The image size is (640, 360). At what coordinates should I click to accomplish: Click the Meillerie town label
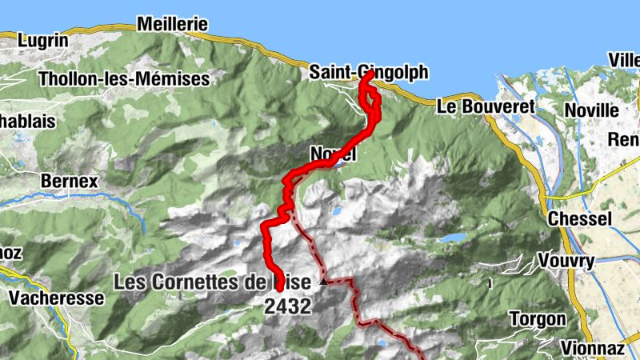click(172, 24)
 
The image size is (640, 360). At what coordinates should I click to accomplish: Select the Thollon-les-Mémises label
click(124, 78)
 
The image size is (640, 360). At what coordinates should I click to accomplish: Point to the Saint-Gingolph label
click(369, 73)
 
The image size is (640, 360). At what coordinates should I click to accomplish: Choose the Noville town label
click(591, 110)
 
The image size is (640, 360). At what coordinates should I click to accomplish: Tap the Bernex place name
click(69, 182)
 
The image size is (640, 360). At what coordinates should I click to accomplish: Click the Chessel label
click(579, 218)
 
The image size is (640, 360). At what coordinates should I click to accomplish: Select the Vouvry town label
click(566, 261)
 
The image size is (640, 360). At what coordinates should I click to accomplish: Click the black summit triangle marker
click(323, 282)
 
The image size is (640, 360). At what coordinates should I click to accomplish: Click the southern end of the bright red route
click(278, 285)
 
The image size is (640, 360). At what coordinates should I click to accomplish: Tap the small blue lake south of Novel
click(336, 212)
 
